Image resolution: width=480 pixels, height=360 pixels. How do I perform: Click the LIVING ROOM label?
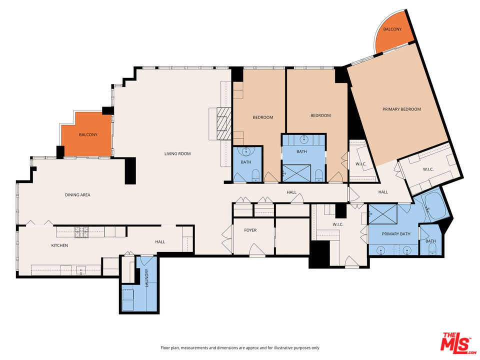pos(177,153)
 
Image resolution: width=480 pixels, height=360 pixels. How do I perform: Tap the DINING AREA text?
pos(77,194)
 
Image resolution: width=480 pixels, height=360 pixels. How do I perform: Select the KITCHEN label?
pos(59,245)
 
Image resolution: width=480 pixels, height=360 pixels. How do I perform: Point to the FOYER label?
pos(250,230)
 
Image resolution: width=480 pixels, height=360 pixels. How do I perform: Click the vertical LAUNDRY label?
pos(146,277)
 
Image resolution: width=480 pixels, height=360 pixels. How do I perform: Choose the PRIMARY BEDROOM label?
pos(401,109)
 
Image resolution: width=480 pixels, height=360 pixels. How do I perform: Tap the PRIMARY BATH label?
pos(396,234)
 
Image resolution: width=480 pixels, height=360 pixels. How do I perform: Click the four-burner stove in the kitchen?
pos(81,231)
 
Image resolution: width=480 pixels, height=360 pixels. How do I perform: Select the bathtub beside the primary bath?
pos(433,206)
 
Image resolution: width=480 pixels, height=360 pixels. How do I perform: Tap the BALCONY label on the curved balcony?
pos(392,29)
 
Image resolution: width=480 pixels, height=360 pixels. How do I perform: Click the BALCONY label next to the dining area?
pos(88,135)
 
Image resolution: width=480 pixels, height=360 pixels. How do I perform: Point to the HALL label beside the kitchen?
pos(160,242)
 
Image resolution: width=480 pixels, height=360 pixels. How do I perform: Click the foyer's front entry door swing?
pos(257,250)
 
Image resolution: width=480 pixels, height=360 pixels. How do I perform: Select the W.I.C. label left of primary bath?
pos(337,224)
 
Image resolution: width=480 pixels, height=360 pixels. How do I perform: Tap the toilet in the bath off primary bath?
pos(432,248)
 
